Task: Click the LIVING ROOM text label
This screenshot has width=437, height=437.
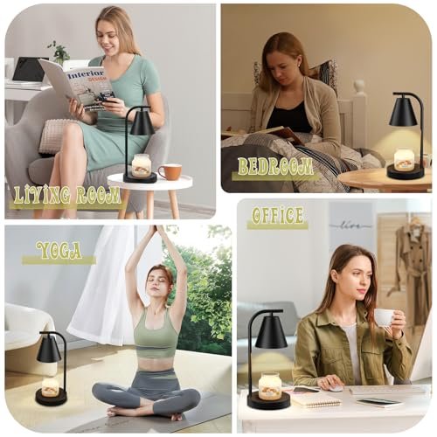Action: [67, 195]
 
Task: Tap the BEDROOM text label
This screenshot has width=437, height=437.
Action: [275, 167]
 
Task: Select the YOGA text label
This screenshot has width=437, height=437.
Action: [59, 251]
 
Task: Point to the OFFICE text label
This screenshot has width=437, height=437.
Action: [277, 216]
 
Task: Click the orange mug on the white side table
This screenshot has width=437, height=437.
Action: [170, 172]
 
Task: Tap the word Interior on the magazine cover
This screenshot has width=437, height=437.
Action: [86, 75]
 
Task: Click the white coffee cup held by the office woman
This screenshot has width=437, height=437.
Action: [385, 317]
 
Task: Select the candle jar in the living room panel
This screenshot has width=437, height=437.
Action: [142, 165]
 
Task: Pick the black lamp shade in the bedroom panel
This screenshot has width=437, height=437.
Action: [404, 114]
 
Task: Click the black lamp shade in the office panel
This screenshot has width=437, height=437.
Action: [271, 331]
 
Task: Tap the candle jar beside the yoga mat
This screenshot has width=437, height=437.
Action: [51, 387]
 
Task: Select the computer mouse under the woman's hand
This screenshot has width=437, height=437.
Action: [334, 388]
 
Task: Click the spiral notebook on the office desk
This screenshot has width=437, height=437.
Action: [316, 399]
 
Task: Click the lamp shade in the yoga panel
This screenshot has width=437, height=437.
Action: [48, 350]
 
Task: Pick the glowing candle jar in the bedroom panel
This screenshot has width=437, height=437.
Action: [404, 159]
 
